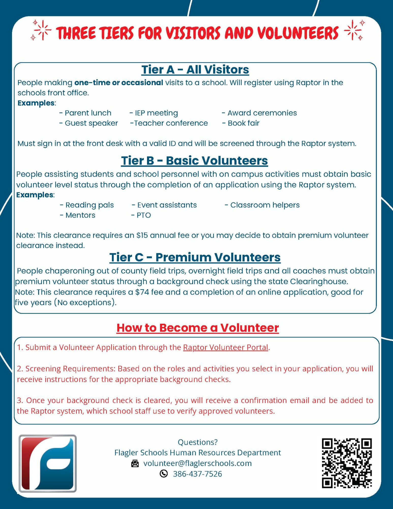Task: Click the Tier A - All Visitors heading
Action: click(x=195, y=69)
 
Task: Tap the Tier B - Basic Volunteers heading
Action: click(x=194, y=161)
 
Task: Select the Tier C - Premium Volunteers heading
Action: click(x=195, y=257)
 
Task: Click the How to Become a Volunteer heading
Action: click(x=198, y=328)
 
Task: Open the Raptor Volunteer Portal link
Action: click(x=225, y=347)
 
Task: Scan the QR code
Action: click(x=347, y=463)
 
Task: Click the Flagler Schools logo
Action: click(x=48, y=463)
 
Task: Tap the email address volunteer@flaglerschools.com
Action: click(x=197, y=463)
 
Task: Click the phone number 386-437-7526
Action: click(x=197, y=474)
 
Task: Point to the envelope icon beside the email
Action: click(x=135, y=463)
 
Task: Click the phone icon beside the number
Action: click(x=164, y=474)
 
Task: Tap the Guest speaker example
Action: click(x=89, y=123)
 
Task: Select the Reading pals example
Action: click(x=87, y=205)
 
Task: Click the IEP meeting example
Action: click(x=154, y=113)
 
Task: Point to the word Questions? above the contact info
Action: click(x=198, y=442)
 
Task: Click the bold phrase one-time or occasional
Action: click(x=119, y=83)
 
